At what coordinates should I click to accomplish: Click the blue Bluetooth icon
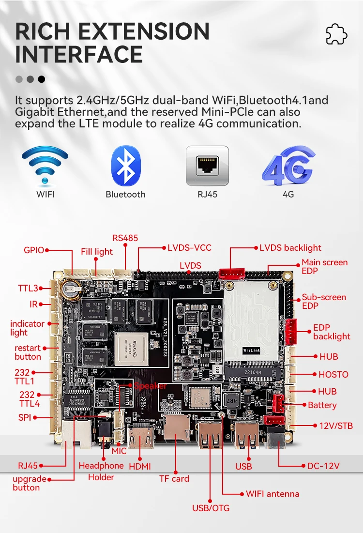[x=126, y=166]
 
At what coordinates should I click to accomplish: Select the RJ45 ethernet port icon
[x=207, y=166]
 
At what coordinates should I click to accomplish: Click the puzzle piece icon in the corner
[x=336, y=34]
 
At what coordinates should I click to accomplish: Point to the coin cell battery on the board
[x=71, y=289]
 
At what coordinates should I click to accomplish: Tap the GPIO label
[x=34, y=250]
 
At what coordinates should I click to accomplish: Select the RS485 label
[x=125, y=238]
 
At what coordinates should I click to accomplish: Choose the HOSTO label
[x=333, y=374]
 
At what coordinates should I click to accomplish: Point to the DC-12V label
[x=323, y=466]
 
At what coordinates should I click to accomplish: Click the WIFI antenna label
[x=272, y=494]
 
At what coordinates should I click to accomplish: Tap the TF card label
[x=174, y=479]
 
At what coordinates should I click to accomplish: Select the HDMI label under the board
[x=140, y=466]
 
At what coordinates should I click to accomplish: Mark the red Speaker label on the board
[x=150, y=386]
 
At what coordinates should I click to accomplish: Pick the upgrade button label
[x=30, y=483]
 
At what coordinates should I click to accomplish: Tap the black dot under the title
[x=42, y=79]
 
